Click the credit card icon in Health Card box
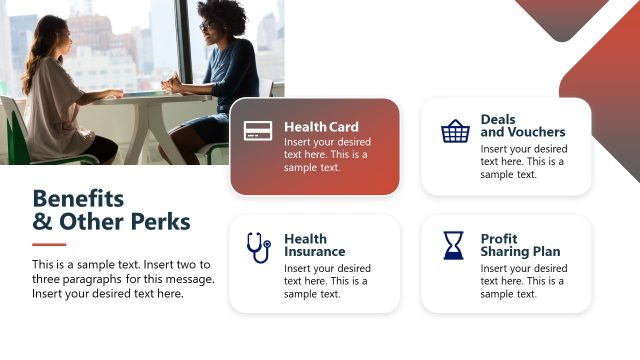pyautogui.click(x=258, y=130)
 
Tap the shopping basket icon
pyautogui.click(x=455, y=131)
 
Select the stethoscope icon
pyautogui.click(x=258, y=247)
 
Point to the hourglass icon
pyautogui.click(x=454, y=246)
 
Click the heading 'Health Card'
pyautogui.click(x=321, y=127)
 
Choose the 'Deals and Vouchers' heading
pyautogui.click(x=522, y=125)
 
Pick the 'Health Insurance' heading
pyautogui.click(x=314, y=245)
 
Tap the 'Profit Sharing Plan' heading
pyautogui.click(x=520, y=245)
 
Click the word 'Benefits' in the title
pyautogui.click(x=78, y=197)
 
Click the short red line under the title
pyautogui.click(x=49, y=244)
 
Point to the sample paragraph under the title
pyautogui.click(x=123, y=279)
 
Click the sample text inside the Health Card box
pyautogui.click(x=326, y=154)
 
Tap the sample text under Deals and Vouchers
pyautogui.click(x=522, y=161)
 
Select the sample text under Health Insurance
pyautogui.click(x=326, y=281)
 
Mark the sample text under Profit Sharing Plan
pyautogui.click(x=522, y=281)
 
